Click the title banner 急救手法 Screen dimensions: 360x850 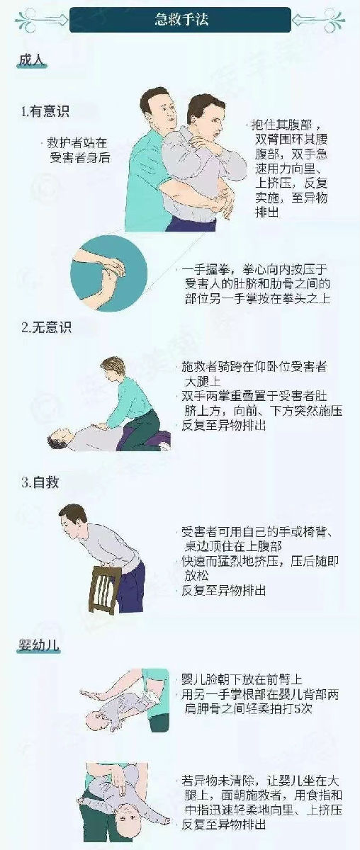pos(181,19)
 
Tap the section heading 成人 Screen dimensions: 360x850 pos(32,60)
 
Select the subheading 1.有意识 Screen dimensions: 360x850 pos(45,112)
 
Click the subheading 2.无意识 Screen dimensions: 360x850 pos(46,327)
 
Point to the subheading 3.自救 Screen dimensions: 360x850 pos(40,482)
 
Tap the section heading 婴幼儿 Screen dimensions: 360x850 pos(39,645)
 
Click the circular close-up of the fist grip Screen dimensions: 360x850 pos(108,273)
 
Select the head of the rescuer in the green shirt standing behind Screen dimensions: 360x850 pos(157,106)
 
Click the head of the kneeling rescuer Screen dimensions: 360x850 pos(113,369)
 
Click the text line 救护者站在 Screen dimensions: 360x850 pos(77,143)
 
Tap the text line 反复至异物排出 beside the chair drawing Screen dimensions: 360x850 pos(224,591)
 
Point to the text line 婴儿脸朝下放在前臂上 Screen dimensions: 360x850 pos(242,679)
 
